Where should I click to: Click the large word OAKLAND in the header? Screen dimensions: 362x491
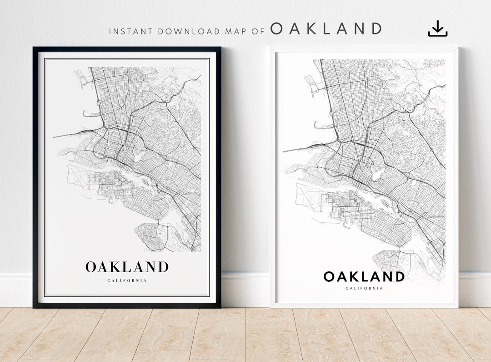[x=326, y=29]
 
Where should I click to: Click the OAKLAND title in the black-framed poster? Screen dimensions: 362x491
[x=127, y=267]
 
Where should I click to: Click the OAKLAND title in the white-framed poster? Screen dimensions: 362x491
[x=364, y=276]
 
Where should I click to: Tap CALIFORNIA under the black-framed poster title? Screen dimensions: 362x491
[x=127, y=280]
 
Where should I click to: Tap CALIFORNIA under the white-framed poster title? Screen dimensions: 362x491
[x=364, y=288]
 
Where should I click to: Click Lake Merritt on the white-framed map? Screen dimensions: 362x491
[x=377, y=172]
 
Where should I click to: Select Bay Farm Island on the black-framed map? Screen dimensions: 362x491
[x=148, y=235]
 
